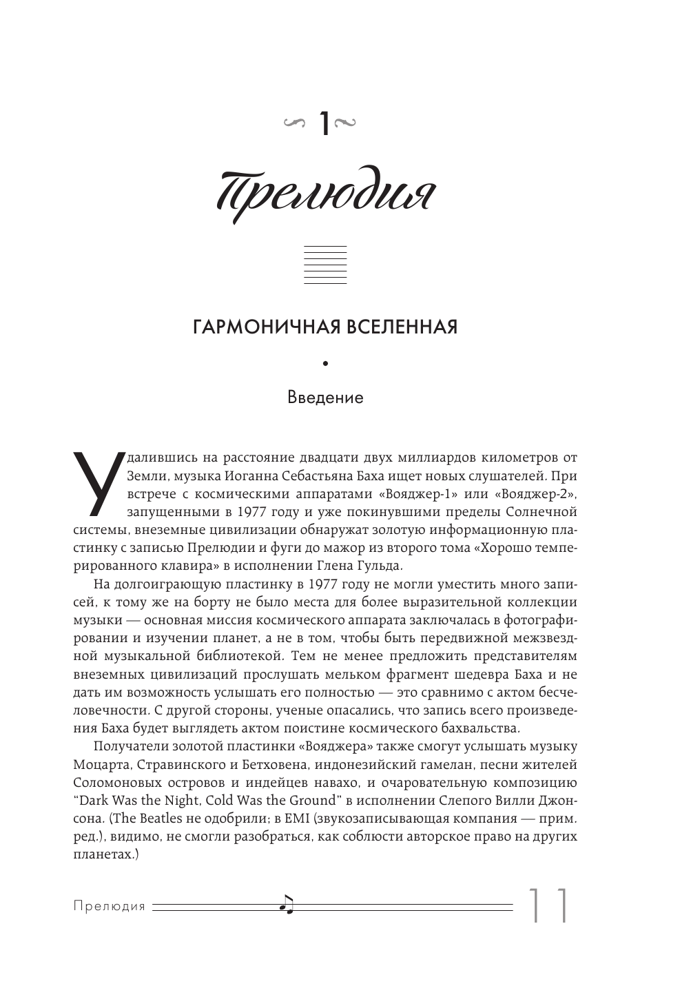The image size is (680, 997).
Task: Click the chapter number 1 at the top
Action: click(x=322, y=124)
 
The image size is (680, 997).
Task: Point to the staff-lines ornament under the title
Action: click(x=325, y=265)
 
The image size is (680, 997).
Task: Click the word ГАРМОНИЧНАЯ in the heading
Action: click(x=259, y=326)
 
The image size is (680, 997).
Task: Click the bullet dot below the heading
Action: click(x=324, y=363)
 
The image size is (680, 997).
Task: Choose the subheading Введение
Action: click(x=324, y=398)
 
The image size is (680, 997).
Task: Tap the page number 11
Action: click(x=548, y=905)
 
